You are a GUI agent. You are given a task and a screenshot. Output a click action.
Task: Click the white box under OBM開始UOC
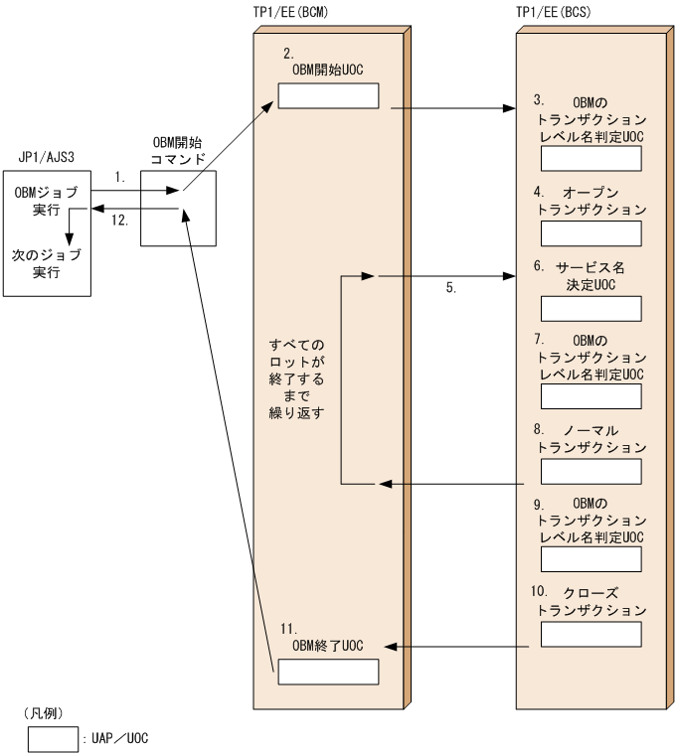pos(328,96)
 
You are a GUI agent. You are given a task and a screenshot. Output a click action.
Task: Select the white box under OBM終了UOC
pos(328,673)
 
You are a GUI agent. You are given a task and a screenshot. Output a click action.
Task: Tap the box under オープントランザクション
pos(591,232)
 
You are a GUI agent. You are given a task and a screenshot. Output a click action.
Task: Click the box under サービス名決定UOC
pos(591,308)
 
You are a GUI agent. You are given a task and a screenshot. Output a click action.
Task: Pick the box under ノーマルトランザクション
pos(591,470)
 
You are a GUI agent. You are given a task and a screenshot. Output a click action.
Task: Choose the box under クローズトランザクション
pos(591,633)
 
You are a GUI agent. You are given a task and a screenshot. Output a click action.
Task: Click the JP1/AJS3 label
pos(47,157)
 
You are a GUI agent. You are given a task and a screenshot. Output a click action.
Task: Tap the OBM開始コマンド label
pos(179,151)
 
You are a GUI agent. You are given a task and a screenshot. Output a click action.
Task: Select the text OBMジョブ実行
pos(47,201)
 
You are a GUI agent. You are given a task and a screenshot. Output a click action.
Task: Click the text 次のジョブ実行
pos(47,263)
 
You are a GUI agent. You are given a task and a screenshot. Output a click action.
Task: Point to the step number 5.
pos(450,289)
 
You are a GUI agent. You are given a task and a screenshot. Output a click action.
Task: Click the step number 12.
pos(119,222)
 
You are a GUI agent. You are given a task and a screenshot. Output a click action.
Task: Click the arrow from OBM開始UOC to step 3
pos(457,105)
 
